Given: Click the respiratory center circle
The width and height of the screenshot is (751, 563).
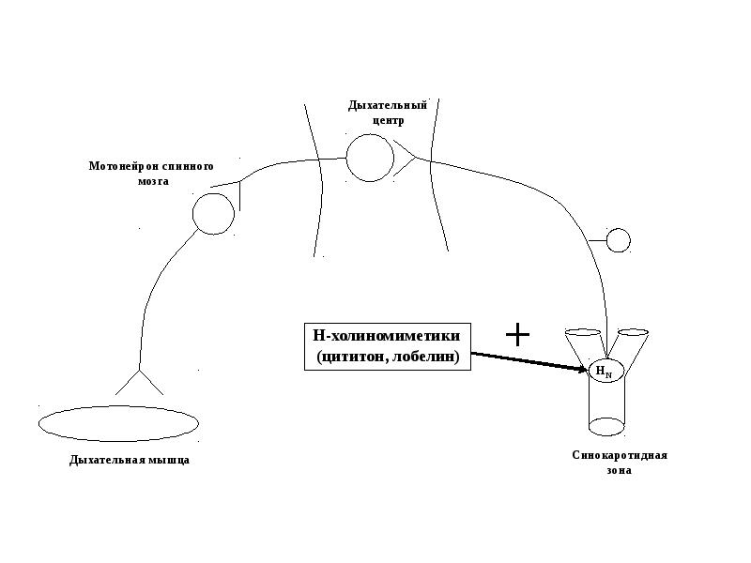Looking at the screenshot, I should click(370, 158).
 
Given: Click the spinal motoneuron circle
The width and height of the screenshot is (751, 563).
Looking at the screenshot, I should click(213, 214).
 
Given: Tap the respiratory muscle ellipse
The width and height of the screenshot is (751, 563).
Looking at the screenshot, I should click(118, 424).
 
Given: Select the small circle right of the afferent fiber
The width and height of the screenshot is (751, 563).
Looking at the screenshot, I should click(619, 241).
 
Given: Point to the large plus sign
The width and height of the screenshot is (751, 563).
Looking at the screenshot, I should click(518, 334).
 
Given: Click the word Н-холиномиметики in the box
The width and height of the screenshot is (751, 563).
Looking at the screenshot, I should click(386, 336).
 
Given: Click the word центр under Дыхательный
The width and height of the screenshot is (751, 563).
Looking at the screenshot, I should click(388, 121).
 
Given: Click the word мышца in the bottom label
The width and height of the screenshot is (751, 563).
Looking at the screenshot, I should click(170, 460).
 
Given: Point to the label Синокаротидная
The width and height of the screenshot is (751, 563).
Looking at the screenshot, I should click(620, 455).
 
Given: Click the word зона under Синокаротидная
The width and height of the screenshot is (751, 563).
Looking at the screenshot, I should click(619, 470).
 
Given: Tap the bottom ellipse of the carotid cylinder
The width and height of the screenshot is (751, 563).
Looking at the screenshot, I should click(606, 426).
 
